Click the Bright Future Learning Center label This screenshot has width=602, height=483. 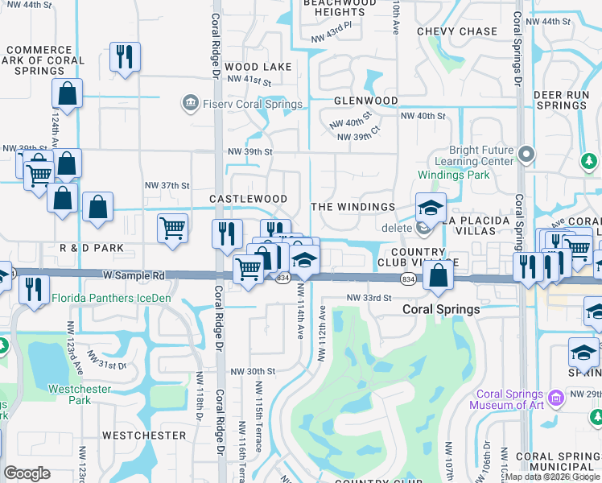481,155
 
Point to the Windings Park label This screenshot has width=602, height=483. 453,175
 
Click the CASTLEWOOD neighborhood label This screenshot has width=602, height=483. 248,199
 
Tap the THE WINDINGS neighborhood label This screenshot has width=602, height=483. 353,207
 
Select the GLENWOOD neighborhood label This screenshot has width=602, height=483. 366,101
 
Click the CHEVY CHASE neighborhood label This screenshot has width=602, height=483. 457,31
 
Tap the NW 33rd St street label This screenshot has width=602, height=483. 368,297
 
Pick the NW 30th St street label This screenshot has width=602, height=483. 253,371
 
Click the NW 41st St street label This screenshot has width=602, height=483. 249,80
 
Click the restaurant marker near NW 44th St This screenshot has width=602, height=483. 125,56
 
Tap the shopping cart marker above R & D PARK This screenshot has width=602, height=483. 173,229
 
